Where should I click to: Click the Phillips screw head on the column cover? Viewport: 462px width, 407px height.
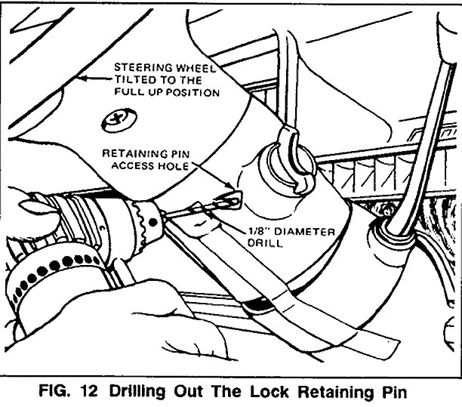pos(119,119)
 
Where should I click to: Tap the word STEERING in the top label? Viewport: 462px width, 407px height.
pos(143,67)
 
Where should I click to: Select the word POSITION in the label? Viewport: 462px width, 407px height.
pos(192,93)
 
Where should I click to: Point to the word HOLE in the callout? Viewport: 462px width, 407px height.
pos(174,166)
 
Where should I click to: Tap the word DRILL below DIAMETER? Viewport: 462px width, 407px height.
pos(265,243)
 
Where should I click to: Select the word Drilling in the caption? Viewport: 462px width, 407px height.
pos(137,392)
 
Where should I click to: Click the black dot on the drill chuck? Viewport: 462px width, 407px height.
pos(152,223)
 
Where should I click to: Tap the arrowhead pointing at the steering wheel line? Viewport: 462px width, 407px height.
pos(83,79)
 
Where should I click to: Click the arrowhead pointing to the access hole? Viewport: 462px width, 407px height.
pos(231,185)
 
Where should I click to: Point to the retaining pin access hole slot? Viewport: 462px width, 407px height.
pos(229,201)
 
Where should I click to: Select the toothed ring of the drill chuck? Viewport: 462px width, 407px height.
pos(143,225)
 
